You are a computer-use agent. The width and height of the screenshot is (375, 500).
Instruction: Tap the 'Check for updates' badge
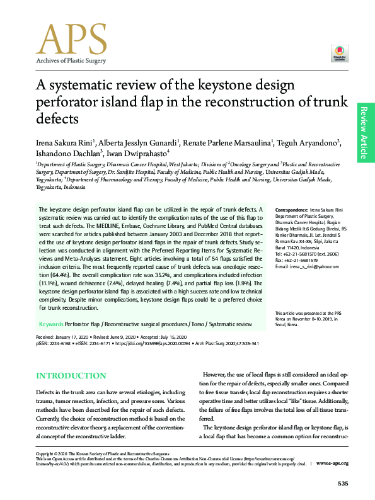(x=340, y=54)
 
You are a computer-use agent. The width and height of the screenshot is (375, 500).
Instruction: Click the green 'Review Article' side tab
(x=365, y=132)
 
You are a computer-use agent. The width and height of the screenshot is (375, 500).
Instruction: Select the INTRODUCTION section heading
(x=71, y=376)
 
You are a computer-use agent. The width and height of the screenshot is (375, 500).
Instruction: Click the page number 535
(x=343, y=483)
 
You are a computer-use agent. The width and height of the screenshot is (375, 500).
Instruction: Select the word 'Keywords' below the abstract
(x=51, y=324)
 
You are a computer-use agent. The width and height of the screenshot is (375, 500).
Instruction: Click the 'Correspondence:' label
(x=291, y=208)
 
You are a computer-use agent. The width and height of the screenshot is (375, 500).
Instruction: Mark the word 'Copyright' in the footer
(x=46, y=453)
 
